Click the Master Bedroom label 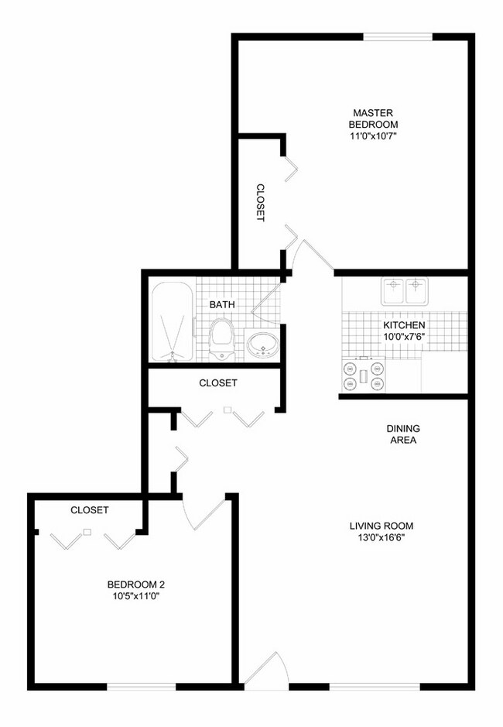coord(373,118)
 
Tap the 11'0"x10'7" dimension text coord(373,136)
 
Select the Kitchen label coord(404,324)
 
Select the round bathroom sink coord(263,345)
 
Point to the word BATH coord(222,305)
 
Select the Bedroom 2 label coord(136,585)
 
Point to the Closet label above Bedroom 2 coord(89,510)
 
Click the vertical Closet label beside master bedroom coord(261,203)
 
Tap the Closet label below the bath coord(218,382)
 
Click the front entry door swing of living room coord(266,670)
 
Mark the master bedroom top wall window coord(398,36)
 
